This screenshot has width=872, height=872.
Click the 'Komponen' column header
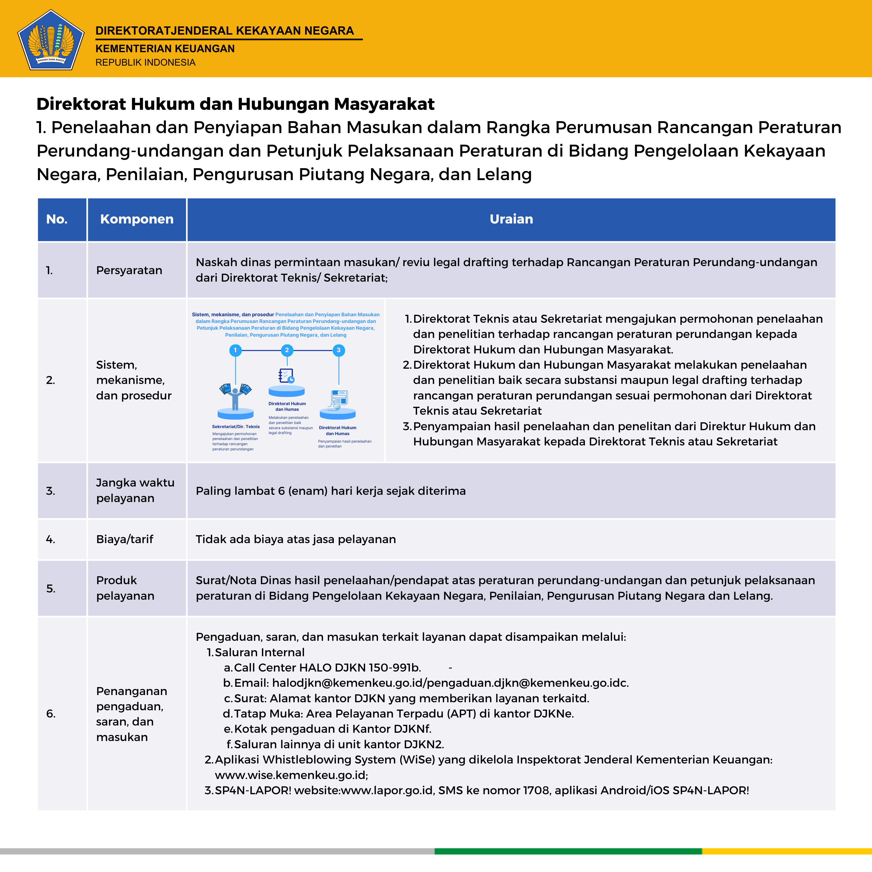tap(137, 219)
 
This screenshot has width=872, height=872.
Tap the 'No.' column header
tap(57, 219)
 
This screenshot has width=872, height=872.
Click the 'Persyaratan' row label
tap(129, 270)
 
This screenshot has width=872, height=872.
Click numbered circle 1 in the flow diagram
tap(235, 350)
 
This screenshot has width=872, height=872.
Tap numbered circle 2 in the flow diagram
tap(287, 350)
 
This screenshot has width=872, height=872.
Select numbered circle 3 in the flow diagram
tap(338, 350)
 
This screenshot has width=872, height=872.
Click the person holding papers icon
tap(235, 395)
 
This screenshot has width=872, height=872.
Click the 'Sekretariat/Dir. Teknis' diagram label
tap(236, 427)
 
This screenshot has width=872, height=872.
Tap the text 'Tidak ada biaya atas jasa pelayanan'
tap(296, 539)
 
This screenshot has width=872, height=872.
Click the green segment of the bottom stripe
tap(568, 851)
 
